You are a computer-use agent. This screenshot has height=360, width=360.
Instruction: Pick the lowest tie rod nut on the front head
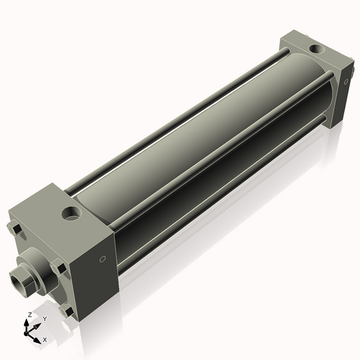click(68, 311)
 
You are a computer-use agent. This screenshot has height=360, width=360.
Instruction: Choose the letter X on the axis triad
click(45, 338)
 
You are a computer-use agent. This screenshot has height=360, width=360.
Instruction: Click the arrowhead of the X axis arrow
click(39, 336)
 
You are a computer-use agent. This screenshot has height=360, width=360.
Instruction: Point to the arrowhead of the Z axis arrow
click(28, 321)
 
